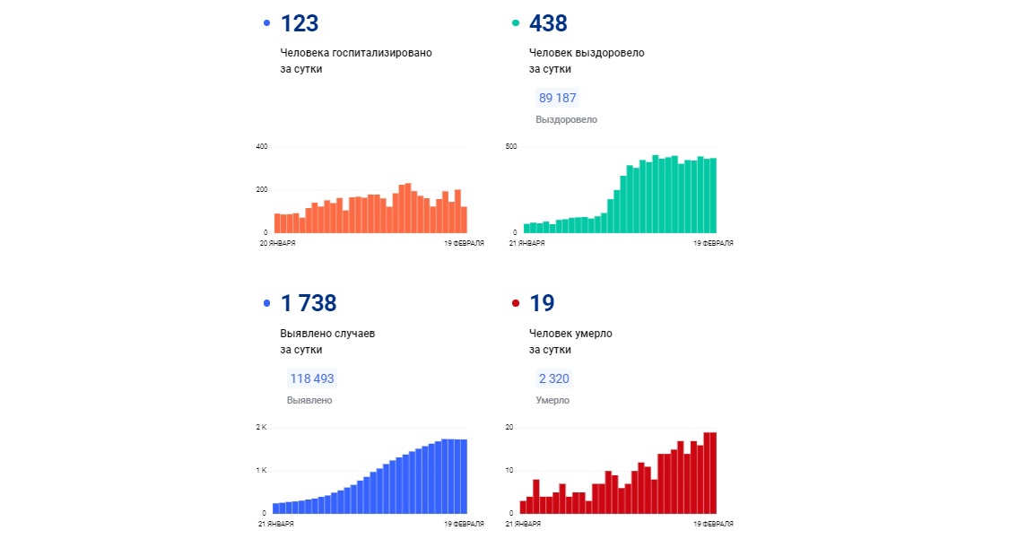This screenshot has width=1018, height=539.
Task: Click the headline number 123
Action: click(300, 24)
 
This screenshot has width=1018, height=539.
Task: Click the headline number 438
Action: click(548, 24)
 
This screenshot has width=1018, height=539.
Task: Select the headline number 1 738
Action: click(309, 304)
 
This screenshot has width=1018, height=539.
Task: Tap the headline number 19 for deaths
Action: click(542, 304)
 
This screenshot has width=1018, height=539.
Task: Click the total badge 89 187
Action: click(557, 98)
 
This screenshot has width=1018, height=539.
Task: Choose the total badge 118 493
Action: click(311, 378)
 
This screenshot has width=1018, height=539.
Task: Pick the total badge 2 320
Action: click(553, 378)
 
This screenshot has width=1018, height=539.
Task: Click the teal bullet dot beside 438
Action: click(516, 23)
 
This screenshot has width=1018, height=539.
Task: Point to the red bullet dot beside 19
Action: click(516, 304)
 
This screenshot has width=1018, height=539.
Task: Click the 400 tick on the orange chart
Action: click(262, 147)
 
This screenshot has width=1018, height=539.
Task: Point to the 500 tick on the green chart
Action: click(511, 147)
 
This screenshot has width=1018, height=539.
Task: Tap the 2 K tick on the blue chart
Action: click(262, 428)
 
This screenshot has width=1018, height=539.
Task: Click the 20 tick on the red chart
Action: click(509, 428)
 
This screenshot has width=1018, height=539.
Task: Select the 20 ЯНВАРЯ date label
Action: click(277, 243)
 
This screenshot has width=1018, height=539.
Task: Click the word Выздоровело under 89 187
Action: click(566, 119)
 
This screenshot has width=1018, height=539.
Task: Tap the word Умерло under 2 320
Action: click(553, 400)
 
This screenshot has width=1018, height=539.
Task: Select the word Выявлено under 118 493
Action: click(309, 400)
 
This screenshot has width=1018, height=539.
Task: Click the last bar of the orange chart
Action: click(464, 220)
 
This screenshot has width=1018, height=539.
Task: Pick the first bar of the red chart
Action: click(523, 507)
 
